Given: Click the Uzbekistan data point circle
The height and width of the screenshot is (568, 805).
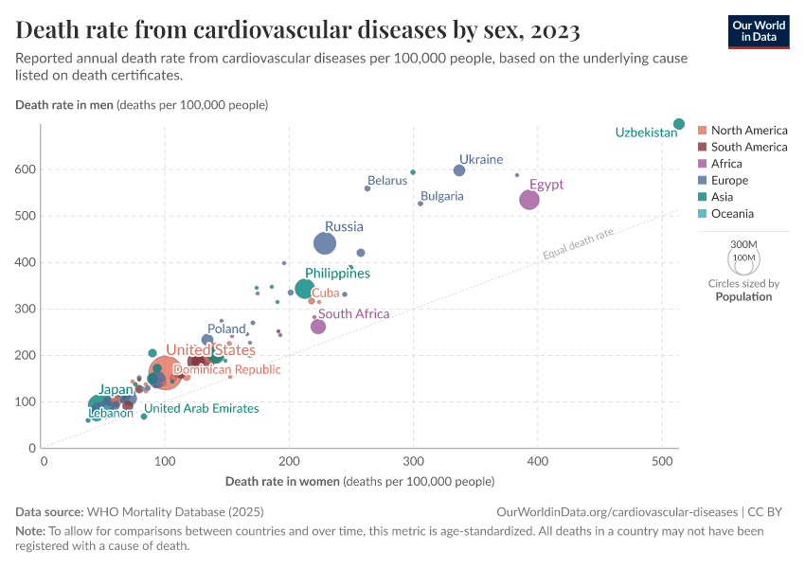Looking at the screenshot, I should [x=679, y=124].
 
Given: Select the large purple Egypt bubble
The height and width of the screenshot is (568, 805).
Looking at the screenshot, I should [x=529, y=200].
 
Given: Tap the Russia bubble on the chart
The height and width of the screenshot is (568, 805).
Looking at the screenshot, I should [x=325, y=243].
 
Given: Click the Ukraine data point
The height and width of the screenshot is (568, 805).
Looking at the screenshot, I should [x=459, y=170].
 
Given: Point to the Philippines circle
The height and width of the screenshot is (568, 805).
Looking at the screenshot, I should [x=304, y=289].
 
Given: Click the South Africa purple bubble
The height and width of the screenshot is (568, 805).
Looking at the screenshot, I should [x=318, y=327].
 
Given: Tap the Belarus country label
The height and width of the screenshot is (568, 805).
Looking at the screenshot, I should [x=387, y=180].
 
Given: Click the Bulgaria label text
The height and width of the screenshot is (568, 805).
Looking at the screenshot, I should [x=442, y=196].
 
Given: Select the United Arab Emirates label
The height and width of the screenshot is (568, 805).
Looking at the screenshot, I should [x=201, y=408].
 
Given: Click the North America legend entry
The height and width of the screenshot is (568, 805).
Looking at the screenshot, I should [x=748, y=130].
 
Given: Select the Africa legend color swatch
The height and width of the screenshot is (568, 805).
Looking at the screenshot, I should [x=702, y=164].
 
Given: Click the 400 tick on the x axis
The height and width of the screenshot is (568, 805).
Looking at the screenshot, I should [x=537, y=461].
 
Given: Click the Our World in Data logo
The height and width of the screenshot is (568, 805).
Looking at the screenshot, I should [x=758, y=31].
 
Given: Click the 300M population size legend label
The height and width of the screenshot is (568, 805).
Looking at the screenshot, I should [x=743, y=243].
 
